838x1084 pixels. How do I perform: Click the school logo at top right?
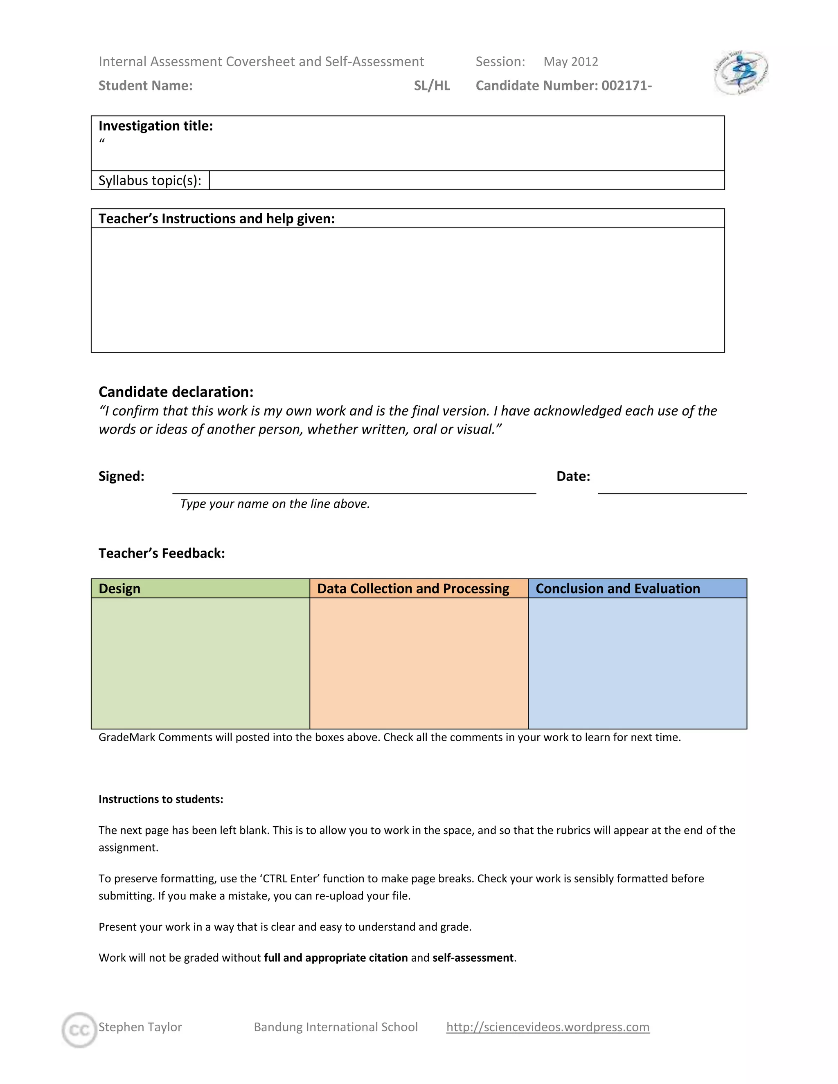pyautogui.click(x=741, y=72)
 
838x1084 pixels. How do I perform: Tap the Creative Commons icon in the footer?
pyautogui.click(x=79, y=1030)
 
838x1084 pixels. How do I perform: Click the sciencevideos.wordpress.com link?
pyautogui.click(x=547, y=1026)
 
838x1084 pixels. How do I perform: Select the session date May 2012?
pyautogui.click(x=570, y=61)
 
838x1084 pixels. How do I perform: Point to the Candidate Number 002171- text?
pyautogui.click(x=563, y=85)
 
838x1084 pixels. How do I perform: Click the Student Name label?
pyautogui.click(x=145, y=85)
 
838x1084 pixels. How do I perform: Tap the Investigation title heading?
pyautogui.click(x=155, y=126)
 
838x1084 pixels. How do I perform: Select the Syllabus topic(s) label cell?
pyautogui.click(x=150, y=180)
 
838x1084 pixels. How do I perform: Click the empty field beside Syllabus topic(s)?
pyautogui.click(x=466, y=180)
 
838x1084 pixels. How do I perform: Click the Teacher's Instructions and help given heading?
pyautogui.click(x=216, y=218)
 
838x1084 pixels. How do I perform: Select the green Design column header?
pyautogui.click(x=200, y=588)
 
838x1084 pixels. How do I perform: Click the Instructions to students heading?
pyautogui.click(x=161, y=799)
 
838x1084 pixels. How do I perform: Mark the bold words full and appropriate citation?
pyautogui.click(x=336, y=958)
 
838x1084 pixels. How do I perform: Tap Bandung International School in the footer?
pyautogui.click(x=336, y=1026)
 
